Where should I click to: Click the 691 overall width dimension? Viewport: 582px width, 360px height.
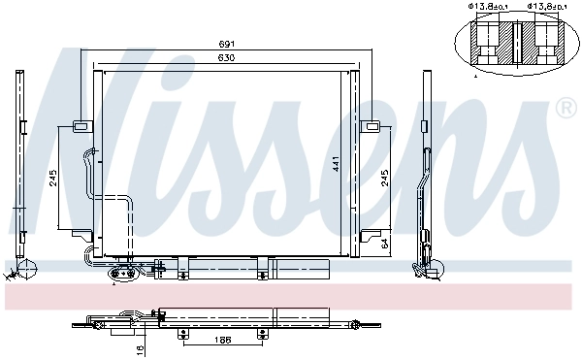point(226,44)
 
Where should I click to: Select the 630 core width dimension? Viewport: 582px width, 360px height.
point(226,58)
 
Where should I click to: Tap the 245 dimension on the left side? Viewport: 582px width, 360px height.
point(53,178)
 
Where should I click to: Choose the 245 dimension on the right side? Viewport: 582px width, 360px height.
point(385,178)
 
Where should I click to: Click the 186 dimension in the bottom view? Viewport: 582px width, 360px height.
point(221,342)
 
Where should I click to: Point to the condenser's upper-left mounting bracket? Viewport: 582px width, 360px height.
point(81,125)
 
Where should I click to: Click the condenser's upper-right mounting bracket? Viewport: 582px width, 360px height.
point(370,125)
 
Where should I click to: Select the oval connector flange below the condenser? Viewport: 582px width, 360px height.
point(123,275)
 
